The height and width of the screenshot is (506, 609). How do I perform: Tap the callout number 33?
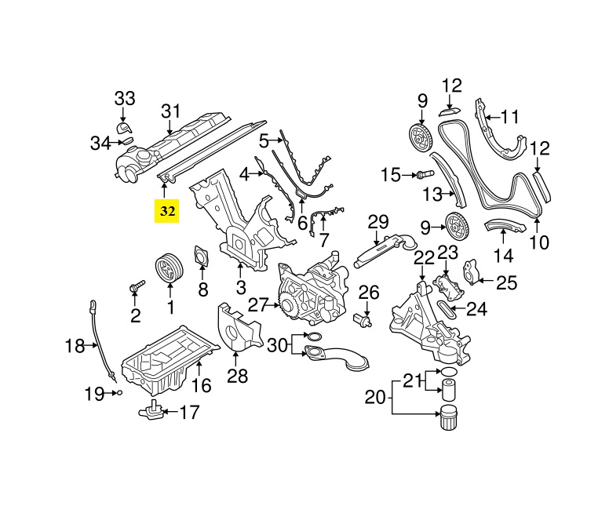click(x=125, y=99)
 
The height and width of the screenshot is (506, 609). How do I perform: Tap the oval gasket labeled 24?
click(x=443, y=309)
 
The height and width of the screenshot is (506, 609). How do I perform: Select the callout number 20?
click(x=376, y=397)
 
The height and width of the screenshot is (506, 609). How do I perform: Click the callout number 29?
click(x=378, y=221)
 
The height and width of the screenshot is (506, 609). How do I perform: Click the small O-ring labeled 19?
click(x=118, y=392)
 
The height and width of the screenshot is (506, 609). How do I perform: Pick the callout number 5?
click(x=264, y=141)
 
